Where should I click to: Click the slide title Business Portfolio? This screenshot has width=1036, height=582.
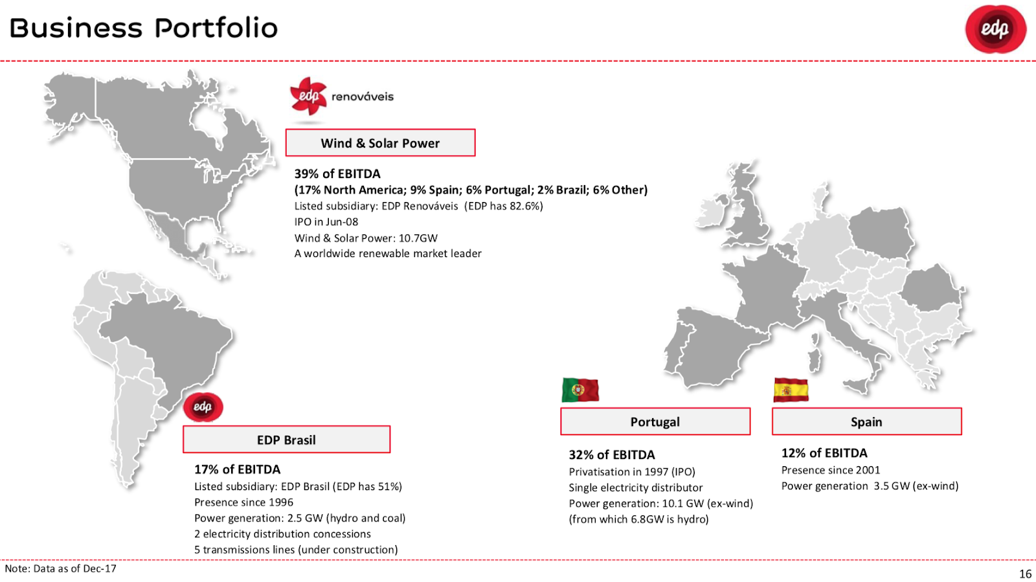[143, 28]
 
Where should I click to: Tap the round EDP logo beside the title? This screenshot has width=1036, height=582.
[996, 28]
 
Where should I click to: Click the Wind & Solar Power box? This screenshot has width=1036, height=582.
[380, 143]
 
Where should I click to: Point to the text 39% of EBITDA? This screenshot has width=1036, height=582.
[337, 173]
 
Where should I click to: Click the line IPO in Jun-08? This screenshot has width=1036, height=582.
[326, 222]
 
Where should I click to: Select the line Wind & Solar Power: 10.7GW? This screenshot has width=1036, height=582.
[366, 238]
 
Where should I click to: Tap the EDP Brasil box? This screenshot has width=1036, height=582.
[286, 440]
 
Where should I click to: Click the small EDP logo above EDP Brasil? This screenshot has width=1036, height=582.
[203, 407]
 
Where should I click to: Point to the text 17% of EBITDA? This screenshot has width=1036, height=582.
[237, 469]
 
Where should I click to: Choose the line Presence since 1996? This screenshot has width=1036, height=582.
[243, 502]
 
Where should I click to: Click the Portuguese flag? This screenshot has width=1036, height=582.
[580, 390]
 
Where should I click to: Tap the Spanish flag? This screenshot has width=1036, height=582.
[791, 390]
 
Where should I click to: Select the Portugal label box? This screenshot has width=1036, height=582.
[655, 421]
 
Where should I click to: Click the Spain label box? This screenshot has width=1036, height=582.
[867, 421]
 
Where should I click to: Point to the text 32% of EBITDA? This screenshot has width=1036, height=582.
[612, 455]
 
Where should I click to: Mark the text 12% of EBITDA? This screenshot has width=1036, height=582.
[824, 453]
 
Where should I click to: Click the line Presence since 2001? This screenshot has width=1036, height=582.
[831, 470]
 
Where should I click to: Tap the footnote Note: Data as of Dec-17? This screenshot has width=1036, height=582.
[61, 568]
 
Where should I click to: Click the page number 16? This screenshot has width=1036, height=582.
[1025, 574]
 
